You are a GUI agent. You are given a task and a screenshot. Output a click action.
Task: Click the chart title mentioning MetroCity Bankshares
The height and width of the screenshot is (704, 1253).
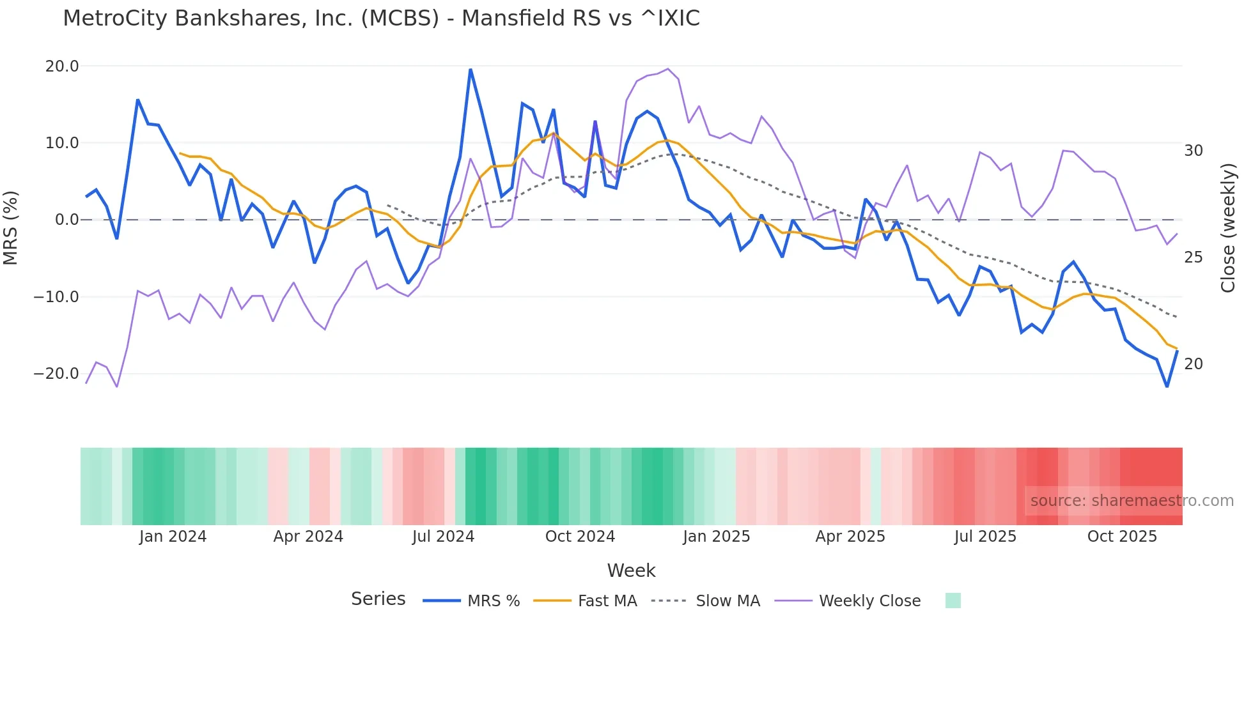381,18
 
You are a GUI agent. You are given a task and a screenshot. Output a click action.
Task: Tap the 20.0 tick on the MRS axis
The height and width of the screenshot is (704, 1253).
62,66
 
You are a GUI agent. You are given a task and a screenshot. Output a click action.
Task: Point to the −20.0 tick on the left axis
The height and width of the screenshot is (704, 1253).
56,374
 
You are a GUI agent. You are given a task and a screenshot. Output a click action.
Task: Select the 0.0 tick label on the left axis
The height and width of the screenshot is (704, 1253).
66,220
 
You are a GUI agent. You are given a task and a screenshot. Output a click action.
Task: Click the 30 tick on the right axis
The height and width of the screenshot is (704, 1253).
1193,151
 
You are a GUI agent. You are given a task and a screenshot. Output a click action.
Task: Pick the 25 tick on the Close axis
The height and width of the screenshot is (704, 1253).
1193,257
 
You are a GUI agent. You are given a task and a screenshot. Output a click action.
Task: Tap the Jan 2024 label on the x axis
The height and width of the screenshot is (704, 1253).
173,537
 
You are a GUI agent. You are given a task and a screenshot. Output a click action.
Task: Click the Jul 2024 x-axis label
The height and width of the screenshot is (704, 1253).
443,537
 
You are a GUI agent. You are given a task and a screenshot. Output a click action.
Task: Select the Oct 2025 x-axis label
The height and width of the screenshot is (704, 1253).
1122,537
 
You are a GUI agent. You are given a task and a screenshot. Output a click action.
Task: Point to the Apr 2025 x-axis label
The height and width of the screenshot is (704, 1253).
850,537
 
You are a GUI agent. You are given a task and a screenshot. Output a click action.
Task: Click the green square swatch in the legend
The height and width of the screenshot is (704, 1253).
953,601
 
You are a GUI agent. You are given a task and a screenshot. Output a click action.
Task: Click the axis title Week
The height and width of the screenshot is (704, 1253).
631,570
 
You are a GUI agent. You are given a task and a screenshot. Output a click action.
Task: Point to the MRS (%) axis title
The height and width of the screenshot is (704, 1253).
11,227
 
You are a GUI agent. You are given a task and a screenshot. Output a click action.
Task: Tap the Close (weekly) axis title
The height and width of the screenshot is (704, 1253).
1228,228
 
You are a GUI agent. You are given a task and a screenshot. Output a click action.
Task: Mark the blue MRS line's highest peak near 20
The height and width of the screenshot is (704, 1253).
471,70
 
